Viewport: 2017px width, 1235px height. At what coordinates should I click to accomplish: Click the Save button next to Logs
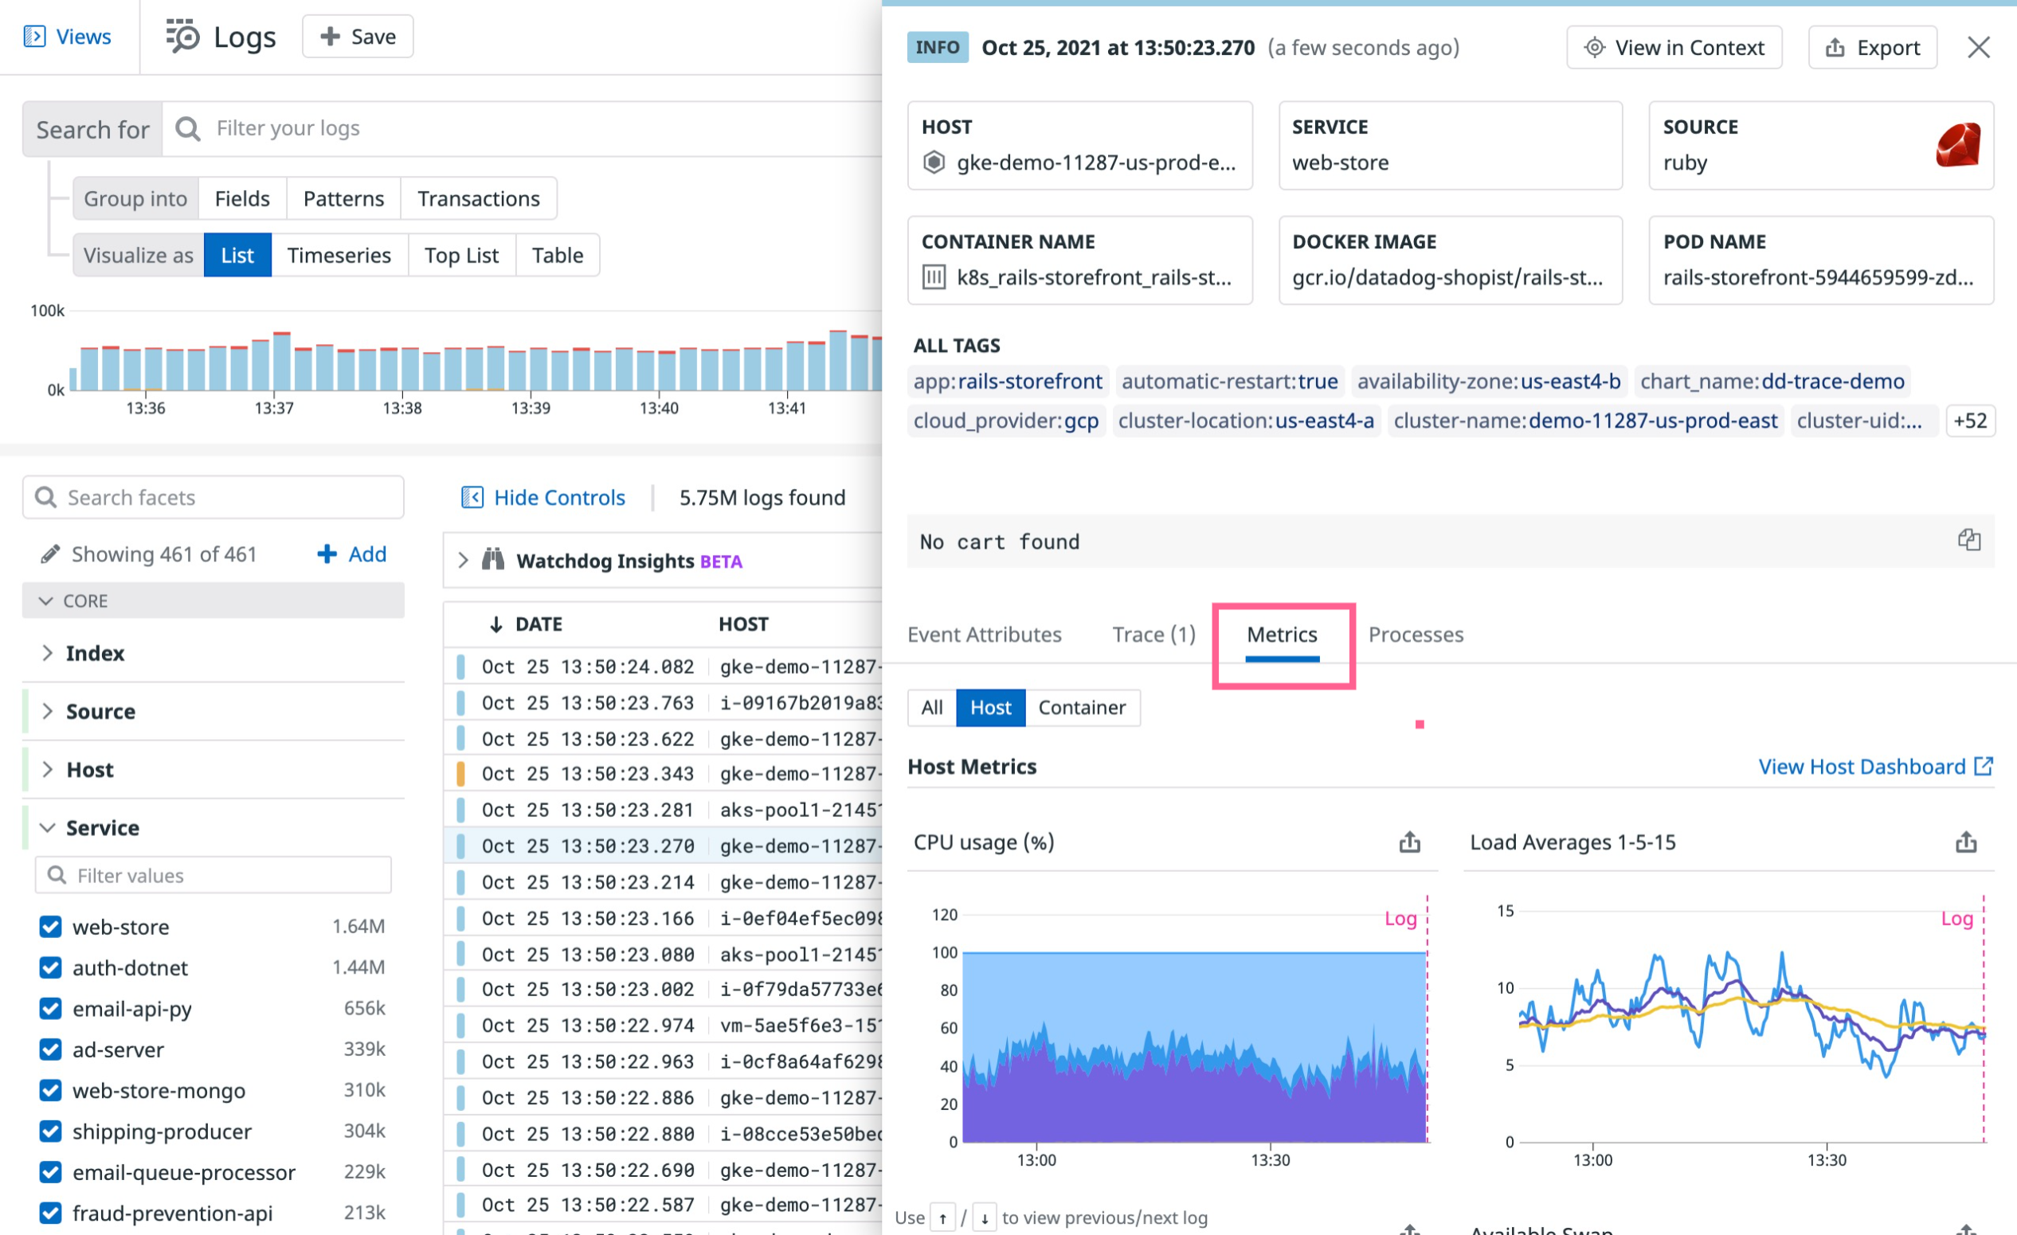(x=358, y=37)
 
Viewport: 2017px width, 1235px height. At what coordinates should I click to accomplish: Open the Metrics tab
(x=1281, y=635)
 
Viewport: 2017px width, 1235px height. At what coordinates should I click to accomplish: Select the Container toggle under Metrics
(x=1081, y=707)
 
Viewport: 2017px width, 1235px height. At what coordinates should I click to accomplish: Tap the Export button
(x=1872, y=48)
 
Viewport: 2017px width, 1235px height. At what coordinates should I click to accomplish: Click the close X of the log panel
(x=1978, y=48)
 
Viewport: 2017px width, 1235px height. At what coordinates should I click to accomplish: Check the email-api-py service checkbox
(x=51, y=1007)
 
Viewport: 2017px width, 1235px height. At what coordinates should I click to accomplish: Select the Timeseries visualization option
(x=339, y=256)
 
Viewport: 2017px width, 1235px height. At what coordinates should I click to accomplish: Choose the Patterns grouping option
(x=343, y=199)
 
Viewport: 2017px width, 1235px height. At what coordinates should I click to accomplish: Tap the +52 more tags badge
(x=1969, y=420)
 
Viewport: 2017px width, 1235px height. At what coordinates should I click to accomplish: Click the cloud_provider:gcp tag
(x=1005, y=420)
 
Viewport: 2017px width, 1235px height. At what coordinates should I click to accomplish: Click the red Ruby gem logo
(x=1957, y=145)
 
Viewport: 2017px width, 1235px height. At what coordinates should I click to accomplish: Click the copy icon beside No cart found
(x=1968, y=540)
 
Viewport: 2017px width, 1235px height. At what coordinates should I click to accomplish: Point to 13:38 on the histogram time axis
(x=402, y=408)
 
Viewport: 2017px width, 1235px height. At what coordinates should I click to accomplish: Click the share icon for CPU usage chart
(x=1408, y=842)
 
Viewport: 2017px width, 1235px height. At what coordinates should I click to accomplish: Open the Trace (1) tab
(x=1153, y=635)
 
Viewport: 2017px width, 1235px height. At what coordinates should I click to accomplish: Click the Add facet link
(x=352, y=554)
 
